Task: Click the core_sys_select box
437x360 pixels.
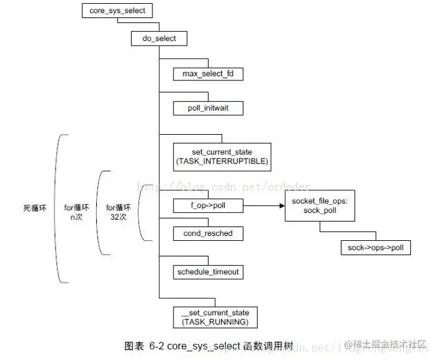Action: (117, 11)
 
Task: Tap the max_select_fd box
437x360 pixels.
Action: (208, 74)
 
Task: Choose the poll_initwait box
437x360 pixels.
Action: (208, 108)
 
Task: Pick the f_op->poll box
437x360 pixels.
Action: (208, 206)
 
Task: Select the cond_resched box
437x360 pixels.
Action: (208, 233)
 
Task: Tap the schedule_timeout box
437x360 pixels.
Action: (208, 272)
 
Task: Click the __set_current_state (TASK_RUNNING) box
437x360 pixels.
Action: (215, 317)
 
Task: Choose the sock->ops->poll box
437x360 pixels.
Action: (376, 248)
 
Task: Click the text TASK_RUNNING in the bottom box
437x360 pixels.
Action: (215, 322)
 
